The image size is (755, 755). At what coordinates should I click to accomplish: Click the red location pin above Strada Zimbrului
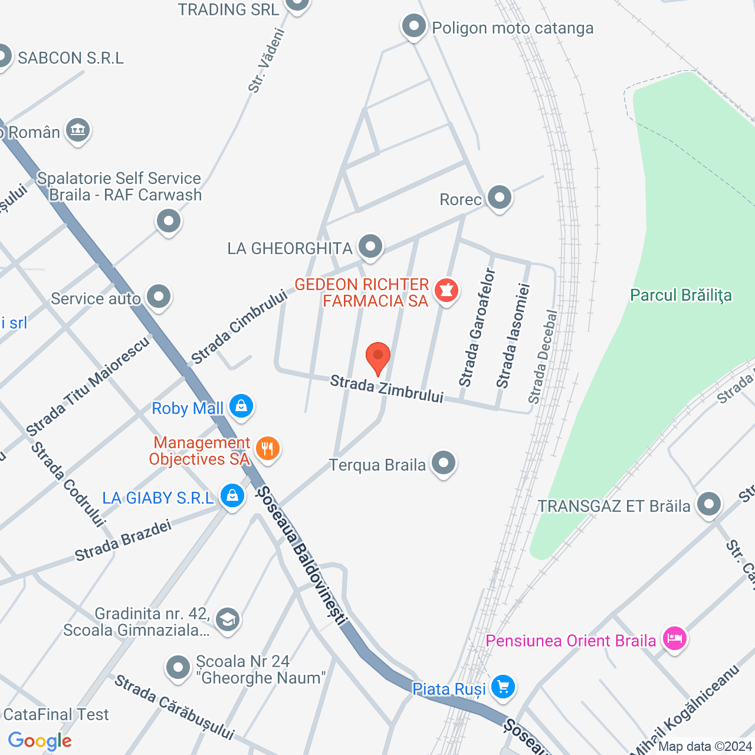click(378, 356)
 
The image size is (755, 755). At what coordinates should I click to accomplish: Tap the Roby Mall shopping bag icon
click(241, 406)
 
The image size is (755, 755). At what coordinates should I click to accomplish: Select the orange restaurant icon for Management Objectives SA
click(268, 449)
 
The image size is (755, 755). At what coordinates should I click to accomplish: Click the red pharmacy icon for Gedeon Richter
click(447, 291)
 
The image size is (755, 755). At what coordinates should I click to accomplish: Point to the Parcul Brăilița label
click(681, 296)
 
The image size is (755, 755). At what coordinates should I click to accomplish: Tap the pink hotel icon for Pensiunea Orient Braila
click(674, 639)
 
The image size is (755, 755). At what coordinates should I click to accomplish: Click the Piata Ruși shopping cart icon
click(503, 687)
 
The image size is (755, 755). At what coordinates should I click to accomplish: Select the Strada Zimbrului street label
click(386, 389)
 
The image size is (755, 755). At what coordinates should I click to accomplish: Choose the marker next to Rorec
click(500, 198)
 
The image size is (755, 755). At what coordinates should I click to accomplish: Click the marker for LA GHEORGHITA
click(370, 247)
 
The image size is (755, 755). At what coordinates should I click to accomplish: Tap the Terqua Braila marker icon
click(444, 464)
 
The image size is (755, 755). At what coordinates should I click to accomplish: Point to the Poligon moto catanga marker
click(414, 27)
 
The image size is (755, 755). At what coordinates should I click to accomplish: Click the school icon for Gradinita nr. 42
click(227, 620)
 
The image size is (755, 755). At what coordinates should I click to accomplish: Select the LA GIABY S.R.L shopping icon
click(232, 496)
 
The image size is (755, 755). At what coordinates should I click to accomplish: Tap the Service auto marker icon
click(159, 297)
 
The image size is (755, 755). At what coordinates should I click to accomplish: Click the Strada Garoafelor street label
click(478, 327)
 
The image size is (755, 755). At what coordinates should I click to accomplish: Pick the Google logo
click(40, 741)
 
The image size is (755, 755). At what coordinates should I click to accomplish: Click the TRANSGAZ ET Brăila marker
click(708, 504)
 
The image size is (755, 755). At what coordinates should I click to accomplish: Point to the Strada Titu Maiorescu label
click(88, 386)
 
